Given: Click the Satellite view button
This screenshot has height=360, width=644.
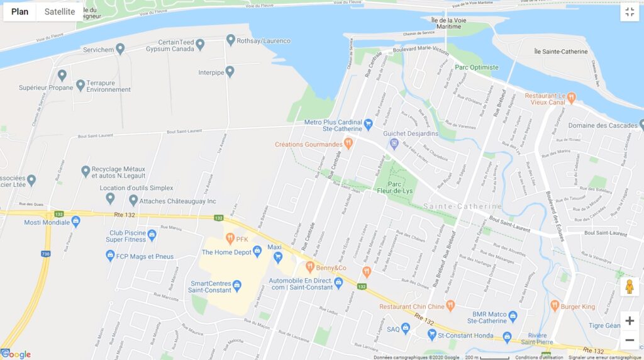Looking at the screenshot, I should tap(60, 12).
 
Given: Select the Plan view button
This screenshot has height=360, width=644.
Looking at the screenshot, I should tap(19, 12).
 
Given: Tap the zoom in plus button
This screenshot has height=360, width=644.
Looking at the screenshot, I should tap(629, 321).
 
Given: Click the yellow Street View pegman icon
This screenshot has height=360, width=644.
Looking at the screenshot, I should tap(629, 287).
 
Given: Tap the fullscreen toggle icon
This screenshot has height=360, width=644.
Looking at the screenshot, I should tap(629, 12).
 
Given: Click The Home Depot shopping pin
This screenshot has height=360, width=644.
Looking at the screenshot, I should tap(257, 252).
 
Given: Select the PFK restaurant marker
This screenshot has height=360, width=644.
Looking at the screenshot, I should tap(230, 239).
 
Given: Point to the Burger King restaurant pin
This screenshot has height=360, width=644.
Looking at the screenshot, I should tap(555, 306).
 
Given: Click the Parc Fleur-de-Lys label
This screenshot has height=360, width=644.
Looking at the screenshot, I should tap(395, 183).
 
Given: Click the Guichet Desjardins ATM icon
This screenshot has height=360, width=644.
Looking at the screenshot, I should tap(394, 143).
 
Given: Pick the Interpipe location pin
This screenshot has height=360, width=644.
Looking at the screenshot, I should tap(230, 72).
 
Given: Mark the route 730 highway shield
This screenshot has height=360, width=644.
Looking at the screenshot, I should tap(45, 254).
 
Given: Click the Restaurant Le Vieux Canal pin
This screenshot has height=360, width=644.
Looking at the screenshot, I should tap(571, 98).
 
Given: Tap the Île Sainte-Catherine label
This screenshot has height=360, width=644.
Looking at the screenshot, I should tap(560, 52).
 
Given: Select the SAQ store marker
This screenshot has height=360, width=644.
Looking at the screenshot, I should tap(406, 329).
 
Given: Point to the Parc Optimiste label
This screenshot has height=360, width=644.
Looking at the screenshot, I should tap(476, 67).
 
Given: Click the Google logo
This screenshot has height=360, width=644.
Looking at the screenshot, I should tap(16, 354).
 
